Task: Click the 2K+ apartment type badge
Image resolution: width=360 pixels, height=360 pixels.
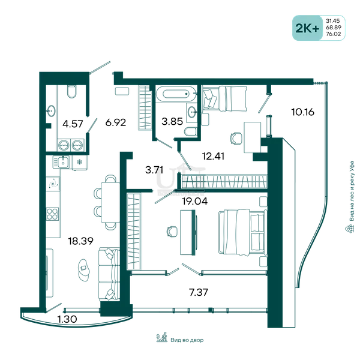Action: coord(307,28)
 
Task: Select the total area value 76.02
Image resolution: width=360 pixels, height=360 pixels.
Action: coord(334,34)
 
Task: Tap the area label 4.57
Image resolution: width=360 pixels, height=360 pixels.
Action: coord(73,124)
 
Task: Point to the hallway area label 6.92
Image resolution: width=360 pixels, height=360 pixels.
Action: coord(115,122)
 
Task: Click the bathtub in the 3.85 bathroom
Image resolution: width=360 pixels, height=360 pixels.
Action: coord(176,94)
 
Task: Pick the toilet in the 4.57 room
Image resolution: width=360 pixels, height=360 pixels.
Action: coord(71,91)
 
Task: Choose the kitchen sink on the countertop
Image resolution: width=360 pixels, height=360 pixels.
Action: coord(63,162)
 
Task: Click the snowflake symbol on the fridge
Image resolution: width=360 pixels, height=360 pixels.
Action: coord(79,163)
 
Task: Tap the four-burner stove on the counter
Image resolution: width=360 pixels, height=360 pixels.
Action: coord(53,214)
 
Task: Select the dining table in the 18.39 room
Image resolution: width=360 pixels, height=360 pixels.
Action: coord(110,202)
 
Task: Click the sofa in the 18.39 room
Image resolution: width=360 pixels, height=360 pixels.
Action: coord(109,274)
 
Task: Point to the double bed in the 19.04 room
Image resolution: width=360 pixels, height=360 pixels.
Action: coord(242,232)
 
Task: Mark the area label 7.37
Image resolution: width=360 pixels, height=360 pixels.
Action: coord(199,292)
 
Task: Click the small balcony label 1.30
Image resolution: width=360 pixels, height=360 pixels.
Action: coord(67,319)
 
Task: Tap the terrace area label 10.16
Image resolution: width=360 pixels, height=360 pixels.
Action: coord(302,112)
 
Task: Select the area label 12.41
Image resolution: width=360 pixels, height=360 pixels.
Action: coord(213,156)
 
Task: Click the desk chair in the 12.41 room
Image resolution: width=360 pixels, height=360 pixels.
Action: coord(236,139)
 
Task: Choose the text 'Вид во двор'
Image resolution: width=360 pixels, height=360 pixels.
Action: coord(187,340)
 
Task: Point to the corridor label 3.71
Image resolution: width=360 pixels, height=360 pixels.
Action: coord(154,170)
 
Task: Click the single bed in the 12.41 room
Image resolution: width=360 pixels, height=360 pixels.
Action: coord(224,98)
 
